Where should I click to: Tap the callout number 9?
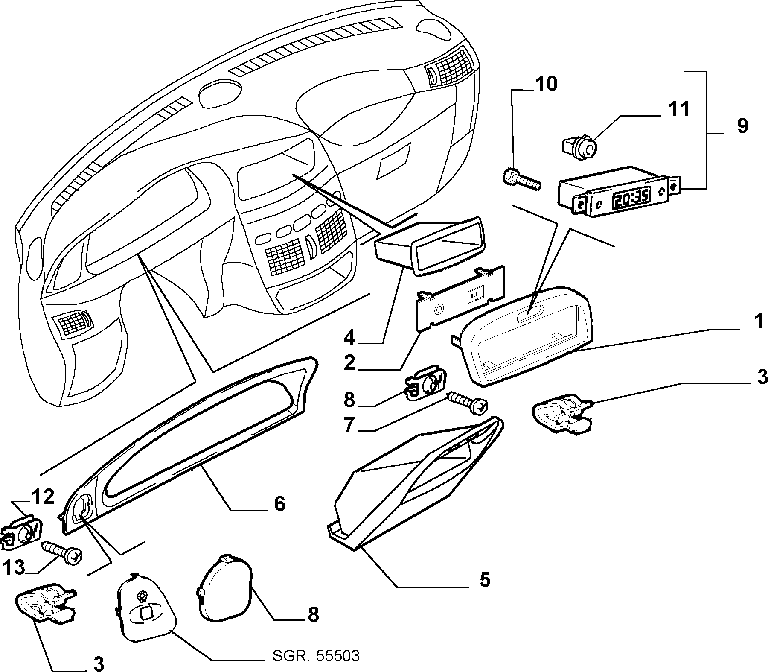click(742, 126)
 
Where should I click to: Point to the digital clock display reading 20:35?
click(631, 198)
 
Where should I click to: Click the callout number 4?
click(349, 338)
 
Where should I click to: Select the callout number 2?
click(349, 363)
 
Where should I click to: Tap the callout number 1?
click(758, 321)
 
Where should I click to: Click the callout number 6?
click(279, 504)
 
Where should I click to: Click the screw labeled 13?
click(61, 552)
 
